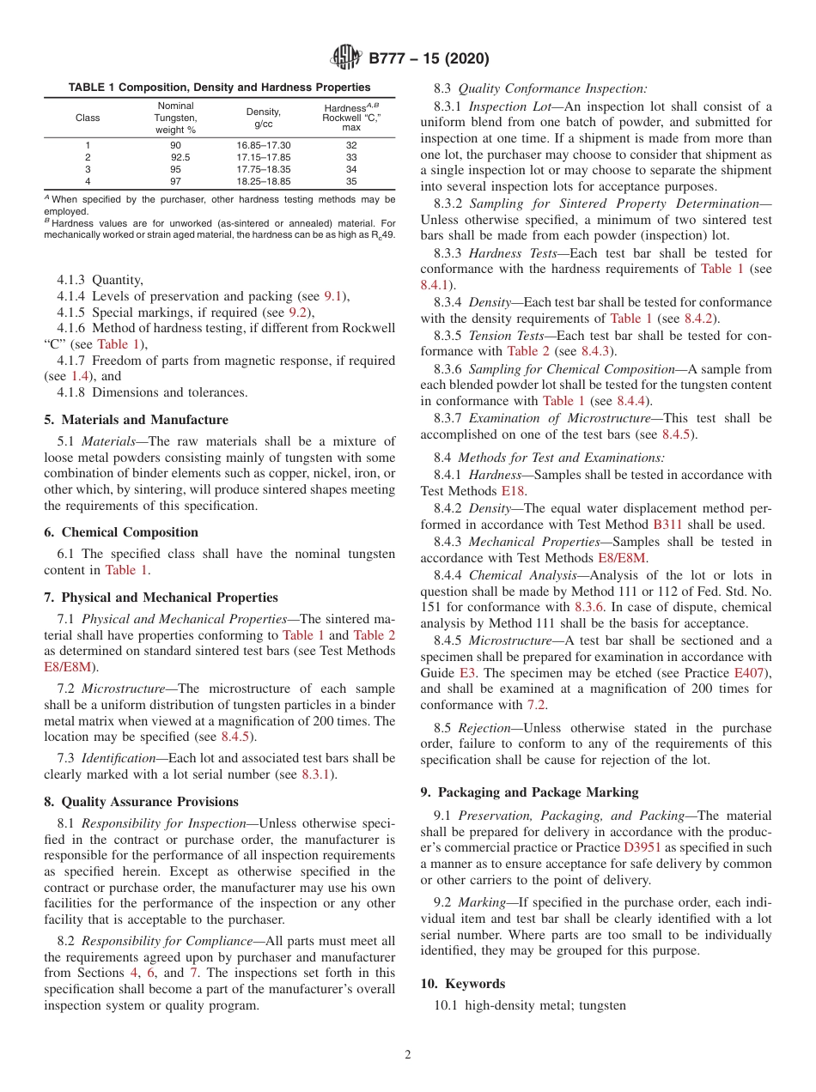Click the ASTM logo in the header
coord(346,58)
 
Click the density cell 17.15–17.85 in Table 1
coord(264,157)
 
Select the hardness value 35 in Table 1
coord(351,181)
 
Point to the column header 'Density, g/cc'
coord(264,118)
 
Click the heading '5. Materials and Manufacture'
coord(136,420)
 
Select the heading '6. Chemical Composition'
coord(121,532)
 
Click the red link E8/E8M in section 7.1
coord(67,665)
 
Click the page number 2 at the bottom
coord(408,1055)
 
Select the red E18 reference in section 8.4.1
coord(513,491)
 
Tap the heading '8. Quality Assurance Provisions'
coord(141,802)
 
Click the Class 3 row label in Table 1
coord(88,169)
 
